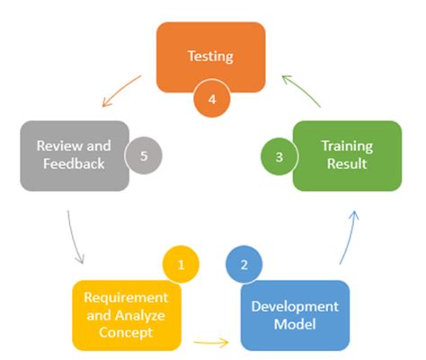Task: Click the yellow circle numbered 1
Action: point(181,264)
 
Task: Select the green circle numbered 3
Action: point(280,156)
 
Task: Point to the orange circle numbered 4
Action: point(212,99)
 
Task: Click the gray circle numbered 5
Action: point(144,155)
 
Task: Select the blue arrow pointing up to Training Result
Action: point(351,236)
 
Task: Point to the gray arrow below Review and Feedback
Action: point(75,238)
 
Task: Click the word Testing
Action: point(210,56)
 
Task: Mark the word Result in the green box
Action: point(346,164)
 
